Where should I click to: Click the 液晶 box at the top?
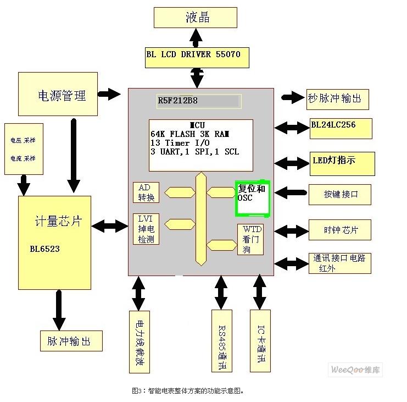(x=195, y=17)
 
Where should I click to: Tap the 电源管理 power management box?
(x=58, y=95)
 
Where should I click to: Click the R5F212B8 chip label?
(x=199, y=101)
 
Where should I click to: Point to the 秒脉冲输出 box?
(x=337, y=99)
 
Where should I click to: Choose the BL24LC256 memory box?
(x=341, y=128)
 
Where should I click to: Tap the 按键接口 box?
(x=341, y=194)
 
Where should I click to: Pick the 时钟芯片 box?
(x=341, y=230)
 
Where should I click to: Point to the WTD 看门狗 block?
(x=250, y=239)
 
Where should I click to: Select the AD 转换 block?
(x=146, y=192)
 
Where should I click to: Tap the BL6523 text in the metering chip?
(x=44, y=249)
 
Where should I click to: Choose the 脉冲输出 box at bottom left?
(x=71, y=341)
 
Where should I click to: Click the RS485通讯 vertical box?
(x=222, y=341)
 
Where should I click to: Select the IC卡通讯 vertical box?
(x=260, y=341)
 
